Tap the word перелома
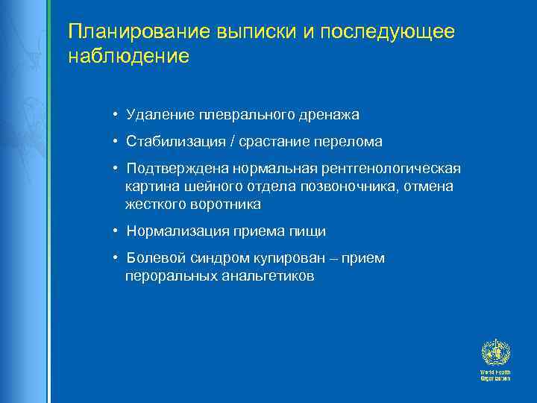pos(351,141)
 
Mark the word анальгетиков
pos(268,276)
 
